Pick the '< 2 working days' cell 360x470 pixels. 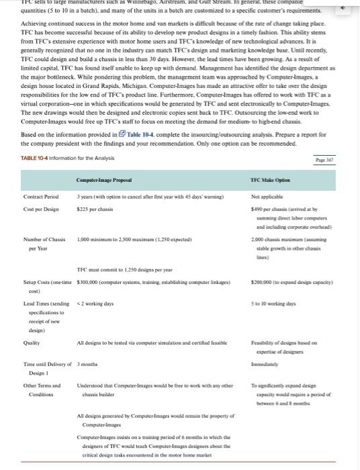(x=96, y=303)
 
